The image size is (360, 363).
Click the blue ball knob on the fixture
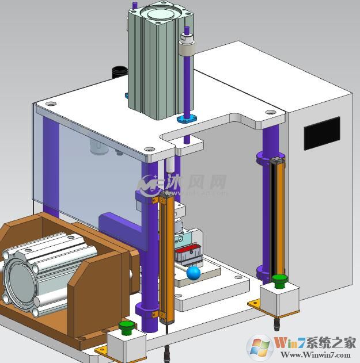[194, 272]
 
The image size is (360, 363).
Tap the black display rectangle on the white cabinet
[322, 133]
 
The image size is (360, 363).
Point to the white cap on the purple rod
[186, 44]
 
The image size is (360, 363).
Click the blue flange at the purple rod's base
[187, 119]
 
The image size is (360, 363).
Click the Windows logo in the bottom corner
[259, 346]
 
